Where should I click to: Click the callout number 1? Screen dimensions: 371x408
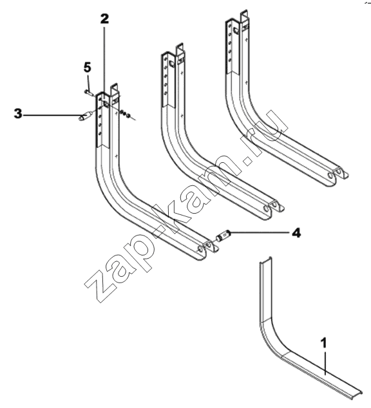click(323, 343)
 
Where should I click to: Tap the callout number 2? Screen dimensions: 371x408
click(104, 19)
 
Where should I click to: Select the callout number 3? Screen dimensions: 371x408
click(18, 114)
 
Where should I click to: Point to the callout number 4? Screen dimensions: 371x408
click(296, 232)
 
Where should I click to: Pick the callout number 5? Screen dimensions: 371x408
click(88, 68)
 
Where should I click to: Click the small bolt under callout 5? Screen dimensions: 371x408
click(88, 92)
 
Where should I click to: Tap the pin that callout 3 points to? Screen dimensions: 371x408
click(85, 116)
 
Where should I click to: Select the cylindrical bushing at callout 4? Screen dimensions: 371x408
click(222, 236)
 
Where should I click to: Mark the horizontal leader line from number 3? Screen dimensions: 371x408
click(53, 115)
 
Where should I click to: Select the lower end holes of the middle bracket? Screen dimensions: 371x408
click(272, 208)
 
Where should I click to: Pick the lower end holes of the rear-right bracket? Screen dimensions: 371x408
click(337, 174)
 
